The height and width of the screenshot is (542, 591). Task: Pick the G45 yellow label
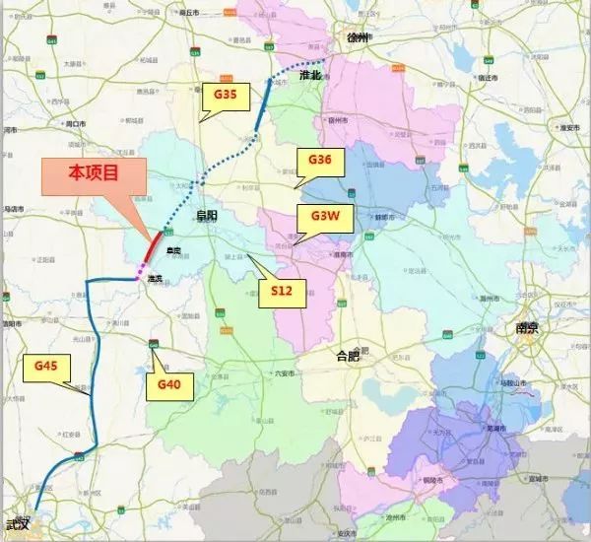coord(48,367)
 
